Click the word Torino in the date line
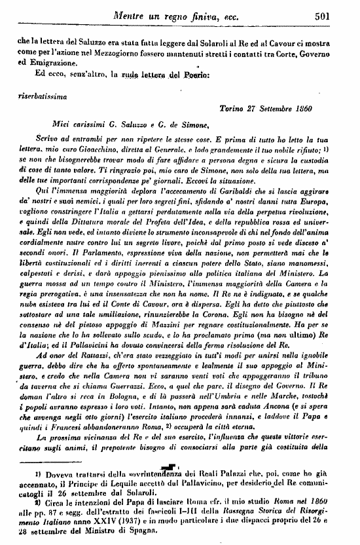(x=232, y=107)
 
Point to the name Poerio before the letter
(x=196, y=76)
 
